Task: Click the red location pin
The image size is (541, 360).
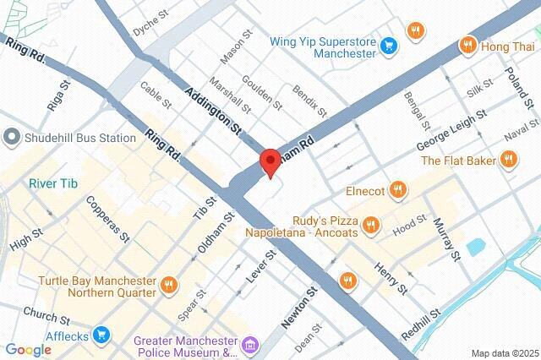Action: [x=270, y=161]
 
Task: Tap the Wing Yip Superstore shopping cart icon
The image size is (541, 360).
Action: [x=388, y=45]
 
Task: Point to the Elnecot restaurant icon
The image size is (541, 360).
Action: [x=398, y=191]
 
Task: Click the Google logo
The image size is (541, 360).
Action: [x=28, y=350]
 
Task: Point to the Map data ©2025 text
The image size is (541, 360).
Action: [x=504, y=352]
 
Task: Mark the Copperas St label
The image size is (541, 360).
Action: [x=108, y=220]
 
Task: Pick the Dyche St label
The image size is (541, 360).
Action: [x=151, y=25]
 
